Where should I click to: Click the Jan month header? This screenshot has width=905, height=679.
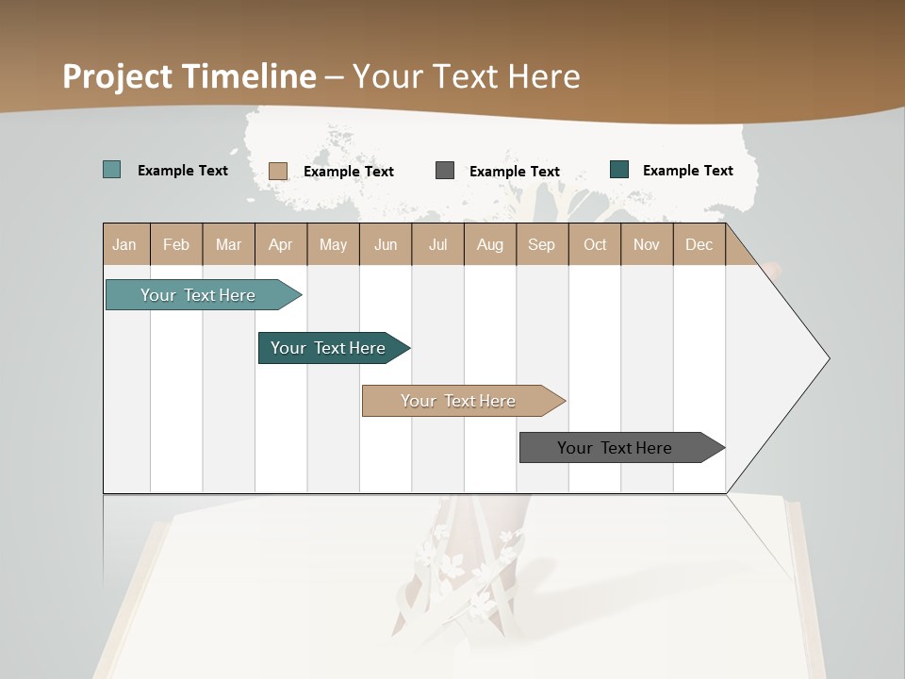tap(125, 244)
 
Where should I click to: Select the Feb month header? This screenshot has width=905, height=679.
tap(176, 244)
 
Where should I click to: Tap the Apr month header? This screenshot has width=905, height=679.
tap(281, 244)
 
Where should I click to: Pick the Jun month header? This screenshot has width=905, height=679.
tap(386, 244)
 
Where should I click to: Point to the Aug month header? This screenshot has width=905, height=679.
tap(490, 244)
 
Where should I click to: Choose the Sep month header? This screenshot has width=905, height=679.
tap(542, 244)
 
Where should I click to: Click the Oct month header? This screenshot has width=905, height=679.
tap(595, 244)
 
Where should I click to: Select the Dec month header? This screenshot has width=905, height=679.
tap(699, 244)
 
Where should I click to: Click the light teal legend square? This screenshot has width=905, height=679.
tap(112, 170)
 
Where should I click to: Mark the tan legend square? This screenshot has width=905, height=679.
tap(278, 171)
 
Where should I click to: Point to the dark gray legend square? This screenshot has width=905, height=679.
tap(445, 170)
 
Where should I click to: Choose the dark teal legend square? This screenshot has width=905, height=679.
tap(619, 170)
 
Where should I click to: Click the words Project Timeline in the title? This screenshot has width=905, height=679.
tap(189, 76)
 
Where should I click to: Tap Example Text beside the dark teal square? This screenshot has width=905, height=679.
tap(687, 170)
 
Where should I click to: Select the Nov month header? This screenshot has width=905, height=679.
tap(647, 244)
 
